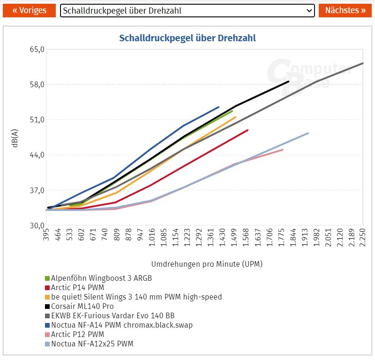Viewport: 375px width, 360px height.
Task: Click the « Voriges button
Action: (x=30, y=10)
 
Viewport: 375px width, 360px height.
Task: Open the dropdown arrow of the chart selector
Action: (x=309, y=10)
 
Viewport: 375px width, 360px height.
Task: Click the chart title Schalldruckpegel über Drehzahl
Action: (x=187, y=38)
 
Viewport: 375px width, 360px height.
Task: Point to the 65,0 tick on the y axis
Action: (x=37, y=49)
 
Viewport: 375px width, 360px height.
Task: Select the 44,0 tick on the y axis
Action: (x=37, y=155)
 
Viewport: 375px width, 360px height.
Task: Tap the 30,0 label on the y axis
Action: (x=37, y=225)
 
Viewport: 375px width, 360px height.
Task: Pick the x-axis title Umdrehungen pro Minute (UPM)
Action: (x=207, y=264)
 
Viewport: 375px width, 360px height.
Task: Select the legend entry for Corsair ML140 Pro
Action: (x=82, y=306)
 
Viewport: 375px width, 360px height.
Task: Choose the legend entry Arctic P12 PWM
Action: (x=77, y=334)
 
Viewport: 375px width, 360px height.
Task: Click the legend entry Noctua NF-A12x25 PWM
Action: (x=92, y=344)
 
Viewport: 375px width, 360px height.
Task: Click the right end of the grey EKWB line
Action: (x=363, y=63)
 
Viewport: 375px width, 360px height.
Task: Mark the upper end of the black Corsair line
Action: (x=288, y=82)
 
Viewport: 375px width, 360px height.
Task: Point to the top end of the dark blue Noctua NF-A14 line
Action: (x=218, y=107)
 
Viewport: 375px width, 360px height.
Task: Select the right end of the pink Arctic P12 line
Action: (x=283, y=150)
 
